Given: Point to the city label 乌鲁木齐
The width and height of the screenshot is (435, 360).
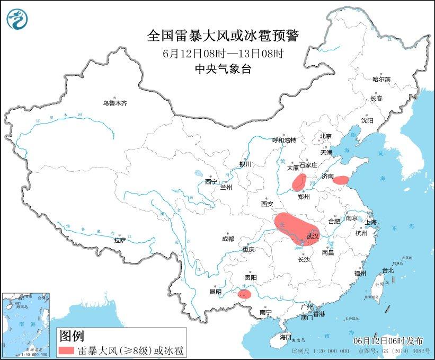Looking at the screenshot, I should [115, 103].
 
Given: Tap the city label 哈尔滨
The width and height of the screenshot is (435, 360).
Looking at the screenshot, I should [380, 79].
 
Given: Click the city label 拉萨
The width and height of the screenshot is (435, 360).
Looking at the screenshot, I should [120, 240].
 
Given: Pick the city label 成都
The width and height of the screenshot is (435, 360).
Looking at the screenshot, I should [228, 239].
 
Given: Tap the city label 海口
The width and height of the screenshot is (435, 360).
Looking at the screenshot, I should [286, 337].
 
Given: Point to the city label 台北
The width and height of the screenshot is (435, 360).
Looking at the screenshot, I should [388, 270].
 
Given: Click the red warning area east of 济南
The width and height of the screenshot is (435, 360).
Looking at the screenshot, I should [342, 180].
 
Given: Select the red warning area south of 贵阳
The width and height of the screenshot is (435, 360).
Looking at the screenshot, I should [244, 294].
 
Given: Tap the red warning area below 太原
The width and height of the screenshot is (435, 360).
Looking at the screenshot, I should [298, 182].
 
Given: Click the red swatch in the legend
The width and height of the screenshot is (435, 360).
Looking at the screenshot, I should [66, 350].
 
